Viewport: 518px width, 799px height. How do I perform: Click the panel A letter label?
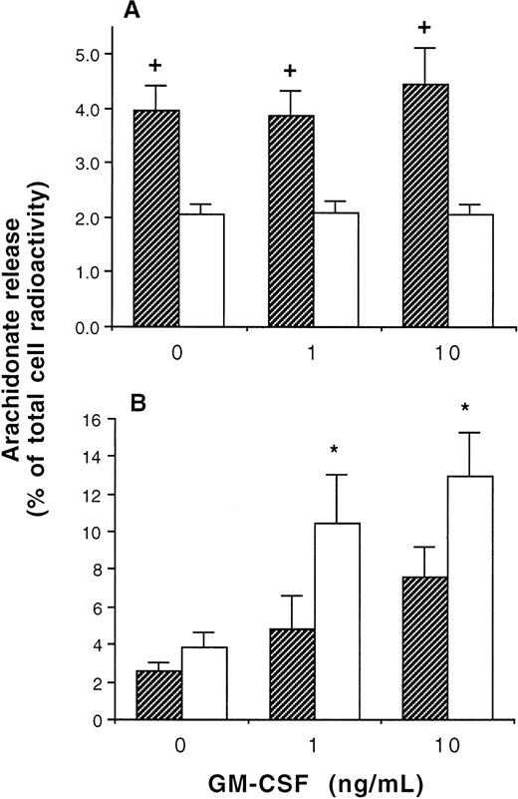129,11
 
